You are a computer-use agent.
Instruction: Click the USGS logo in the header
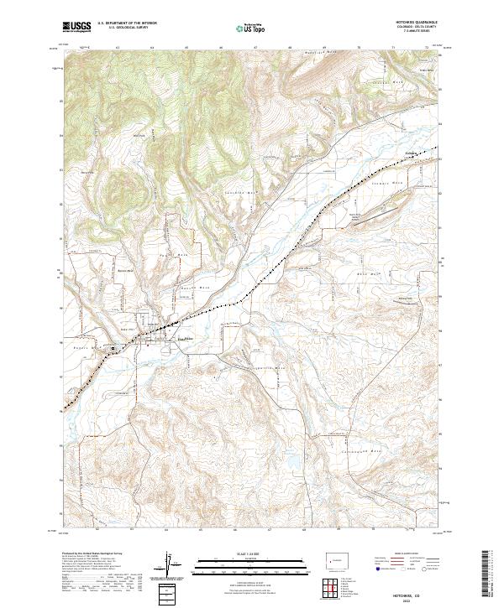(x=76, y=28)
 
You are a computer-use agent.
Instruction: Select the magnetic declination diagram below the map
(x=171, y=564)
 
